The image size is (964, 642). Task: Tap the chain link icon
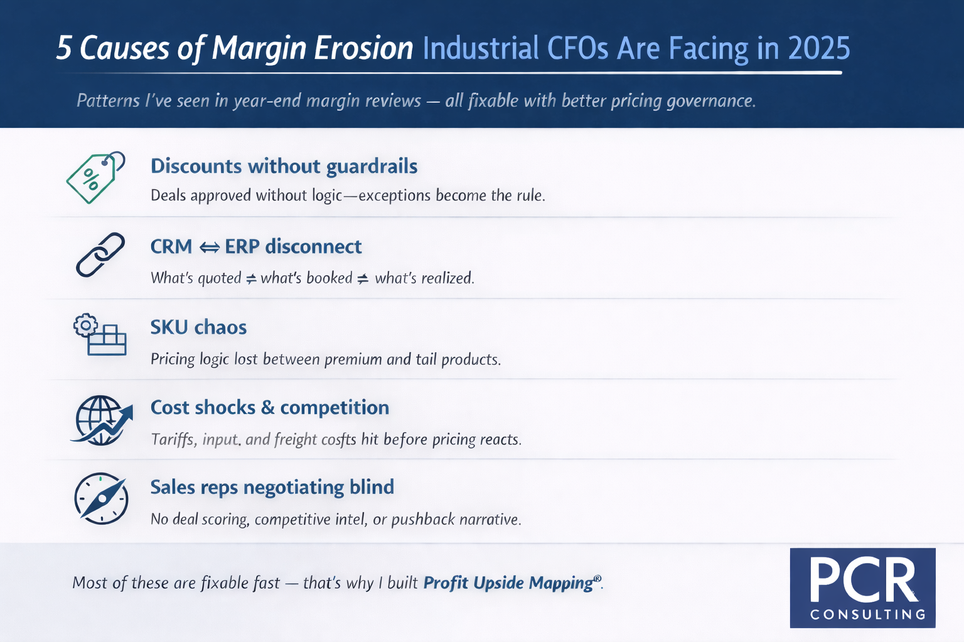(x=100, y=255)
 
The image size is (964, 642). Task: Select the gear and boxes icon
(x=100, y=335)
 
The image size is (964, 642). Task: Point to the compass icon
(x=101, y=498)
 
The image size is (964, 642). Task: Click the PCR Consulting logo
(x=862, y=587)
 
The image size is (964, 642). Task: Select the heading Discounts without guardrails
(x=284, y=166)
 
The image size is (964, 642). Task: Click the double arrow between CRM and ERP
(x=209, y=248)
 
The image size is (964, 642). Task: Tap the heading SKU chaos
(x=198, y=327)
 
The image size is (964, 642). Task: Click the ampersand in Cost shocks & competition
(x=268, y=408)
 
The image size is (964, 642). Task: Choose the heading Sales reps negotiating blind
(x=272, y=487)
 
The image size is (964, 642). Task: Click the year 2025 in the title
(x=818, y=48)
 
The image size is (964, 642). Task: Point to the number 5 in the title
(x=64, y=48)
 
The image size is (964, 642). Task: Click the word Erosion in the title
(x=363, y=48)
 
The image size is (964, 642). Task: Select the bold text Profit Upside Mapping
(x=508, y=583)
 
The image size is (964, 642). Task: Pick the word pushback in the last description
(x=423, y=520)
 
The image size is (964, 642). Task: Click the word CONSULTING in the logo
(x=867, y=614)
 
